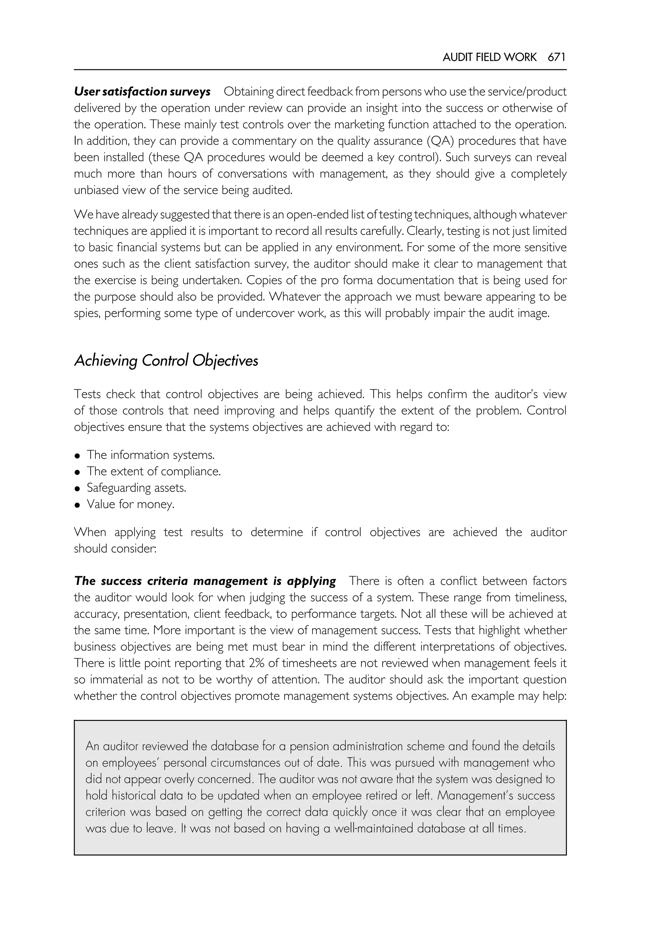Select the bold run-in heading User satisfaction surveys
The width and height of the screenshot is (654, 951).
pyautogui.click(x=142, y=91)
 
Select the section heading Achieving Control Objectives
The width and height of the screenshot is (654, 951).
pyautogui.click(x=166, y=361)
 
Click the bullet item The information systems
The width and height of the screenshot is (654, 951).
pyautogui.click(x=150, y=455)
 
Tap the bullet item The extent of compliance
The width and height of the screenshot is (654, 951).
pyautogui.click(x=154, y=471)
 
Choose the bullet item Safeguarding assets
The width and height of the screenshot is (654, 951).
pyautogui.click(x=136, y=488)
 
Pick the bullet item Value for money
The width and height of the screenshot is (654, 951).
pyautogui.click(x=130, y=504)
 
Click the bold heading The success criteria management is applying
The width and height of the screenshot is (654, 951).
pyautogui.click(x=205, y=581)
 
